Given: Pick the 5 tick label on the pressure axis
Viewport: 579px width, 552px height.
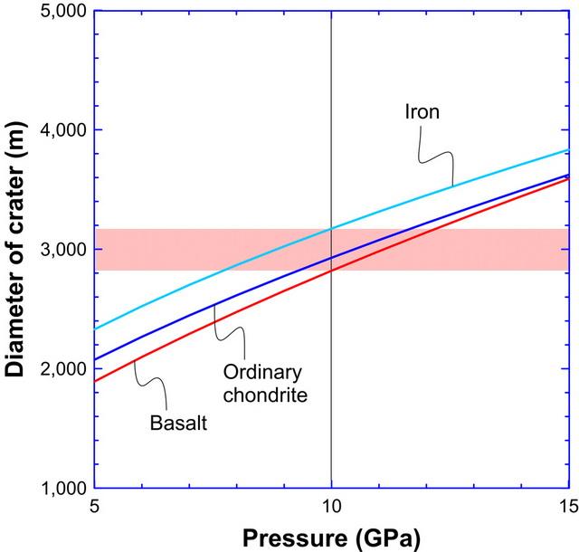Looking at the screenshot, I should [x=94, y=507].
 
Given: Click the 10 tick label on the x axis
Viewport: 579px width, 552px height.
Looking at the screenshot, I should [x=331, y=507].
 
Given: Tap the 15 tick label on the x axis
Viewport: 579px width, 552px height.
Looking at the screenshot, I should [x=567, y=507].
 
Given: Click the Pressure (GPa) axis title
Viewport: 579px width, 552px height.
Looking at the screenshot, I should [x=331, y=536].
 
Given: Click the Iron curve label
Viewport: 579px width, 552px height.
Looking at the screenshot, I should [x=421, y=112].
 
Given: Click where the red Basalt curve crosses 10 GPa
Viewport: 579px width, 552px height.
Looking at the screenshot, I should [x=331, y=270].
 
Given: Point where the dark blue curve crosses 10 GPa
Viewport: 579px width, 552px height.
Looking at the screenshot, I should [x=331, y=258].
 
